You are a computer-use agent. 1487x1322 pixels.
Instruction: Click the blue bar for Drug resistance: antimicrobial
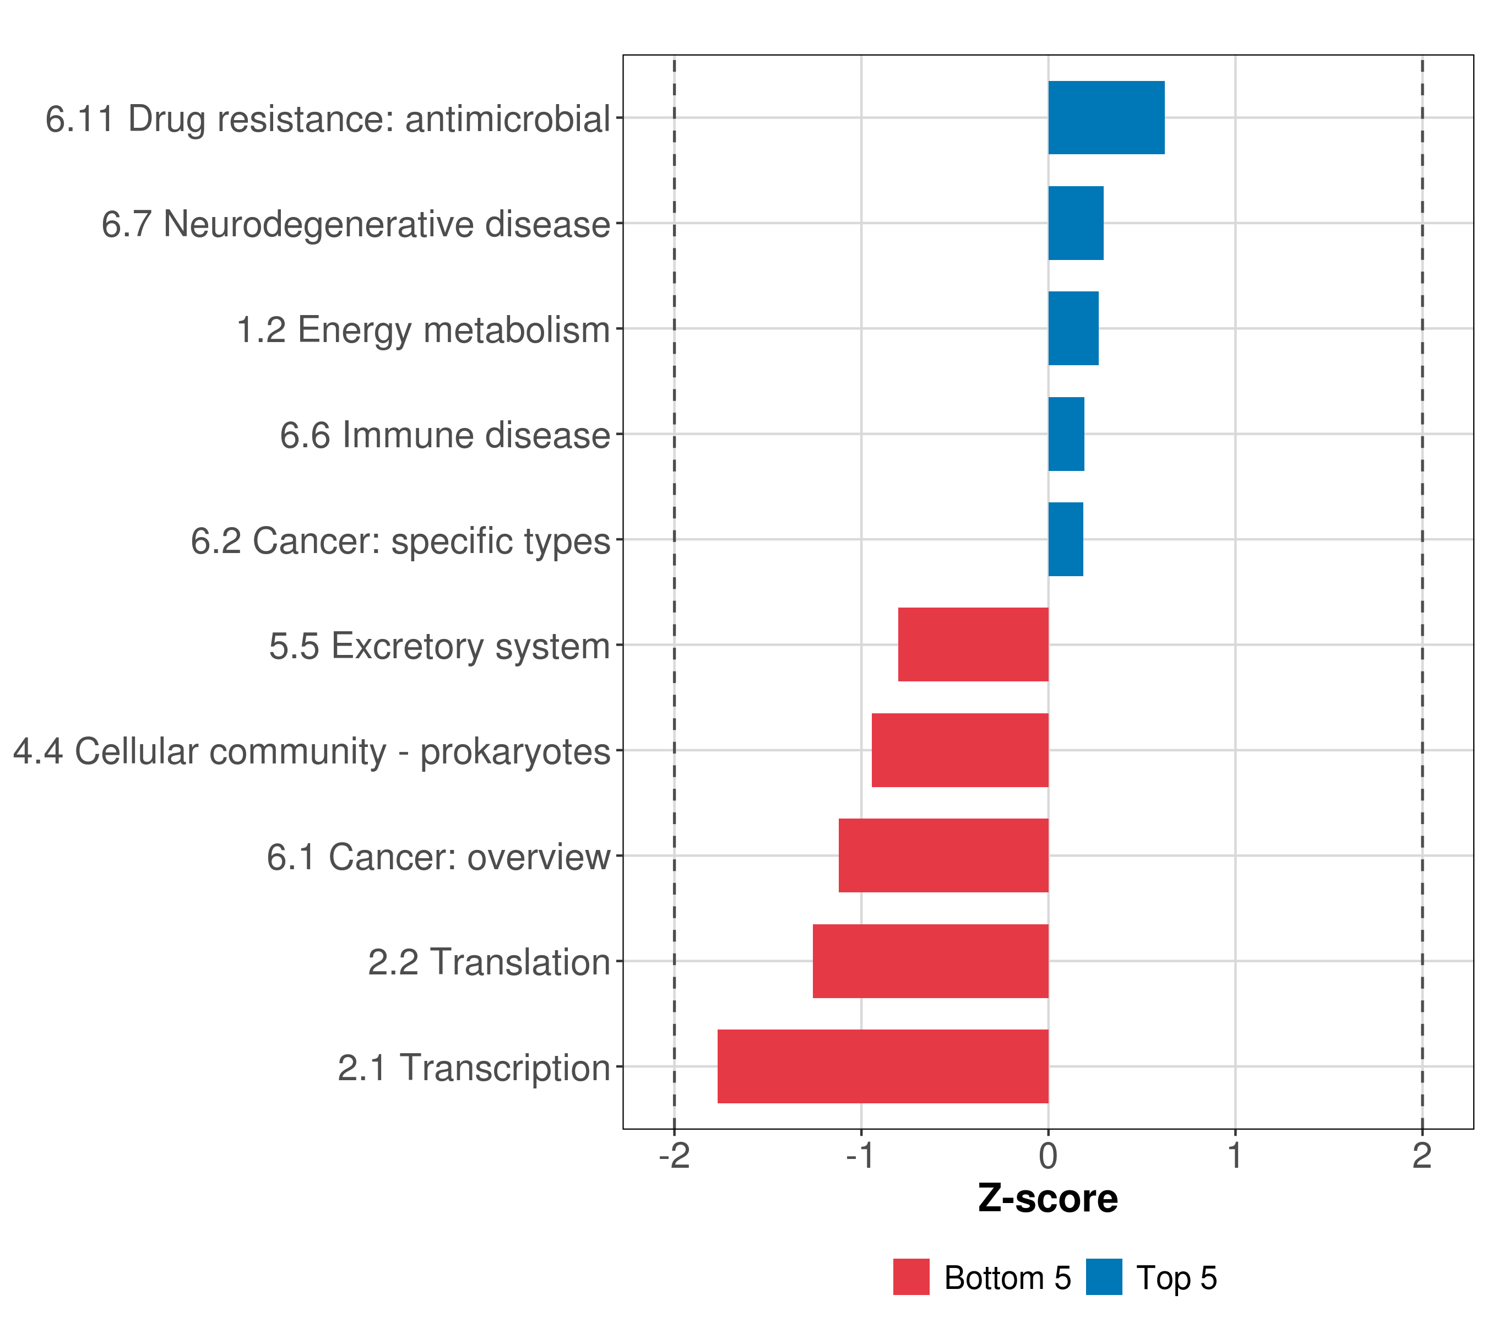point(1106,118)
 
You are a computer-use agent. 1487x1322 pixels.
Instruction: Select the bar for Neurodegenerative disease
point(1075,224)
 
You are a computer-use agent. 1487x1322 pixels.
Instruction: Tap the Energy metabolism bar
point(1073,329)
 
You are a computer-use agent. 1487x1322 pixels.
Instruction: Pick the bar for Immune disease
point(1066,435)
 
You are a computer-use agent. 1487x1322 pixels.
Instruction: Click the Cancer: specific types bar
point(1065,539)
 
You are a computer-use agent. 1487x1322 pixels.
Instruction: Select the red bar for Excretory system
point(973,644)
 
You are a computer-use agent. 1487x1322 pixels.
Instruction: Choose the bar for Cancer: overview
point(943,855)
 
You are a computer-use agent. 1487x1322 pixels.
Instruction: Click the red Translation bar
point(930,961)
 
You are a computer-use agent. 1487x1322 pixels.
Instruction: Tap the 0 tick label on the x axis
point(1048,1156)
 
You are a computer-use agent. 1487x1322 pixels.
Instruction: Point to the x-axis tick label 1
point(1235,1156)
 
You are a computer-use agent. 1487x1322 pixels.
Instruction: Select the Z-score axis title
point(1048,1199)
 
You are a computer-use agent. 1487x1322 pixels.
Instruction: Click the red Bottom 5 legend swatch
point(911,1277)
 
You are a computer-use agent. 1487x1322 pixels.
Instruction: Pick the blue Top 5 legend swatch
point(1104,1277)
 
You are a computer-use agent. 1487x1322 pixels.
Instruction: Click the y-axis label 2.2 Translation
point(489,962)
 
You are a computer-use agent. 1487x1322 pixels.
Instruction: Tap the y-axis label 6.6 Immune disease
point(445,436)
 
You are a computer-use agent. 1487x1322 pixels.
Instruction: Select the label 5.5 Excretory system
point(439,647)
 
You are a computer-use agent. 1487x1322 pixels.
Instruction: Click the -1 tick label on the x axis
point(861,1156)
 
